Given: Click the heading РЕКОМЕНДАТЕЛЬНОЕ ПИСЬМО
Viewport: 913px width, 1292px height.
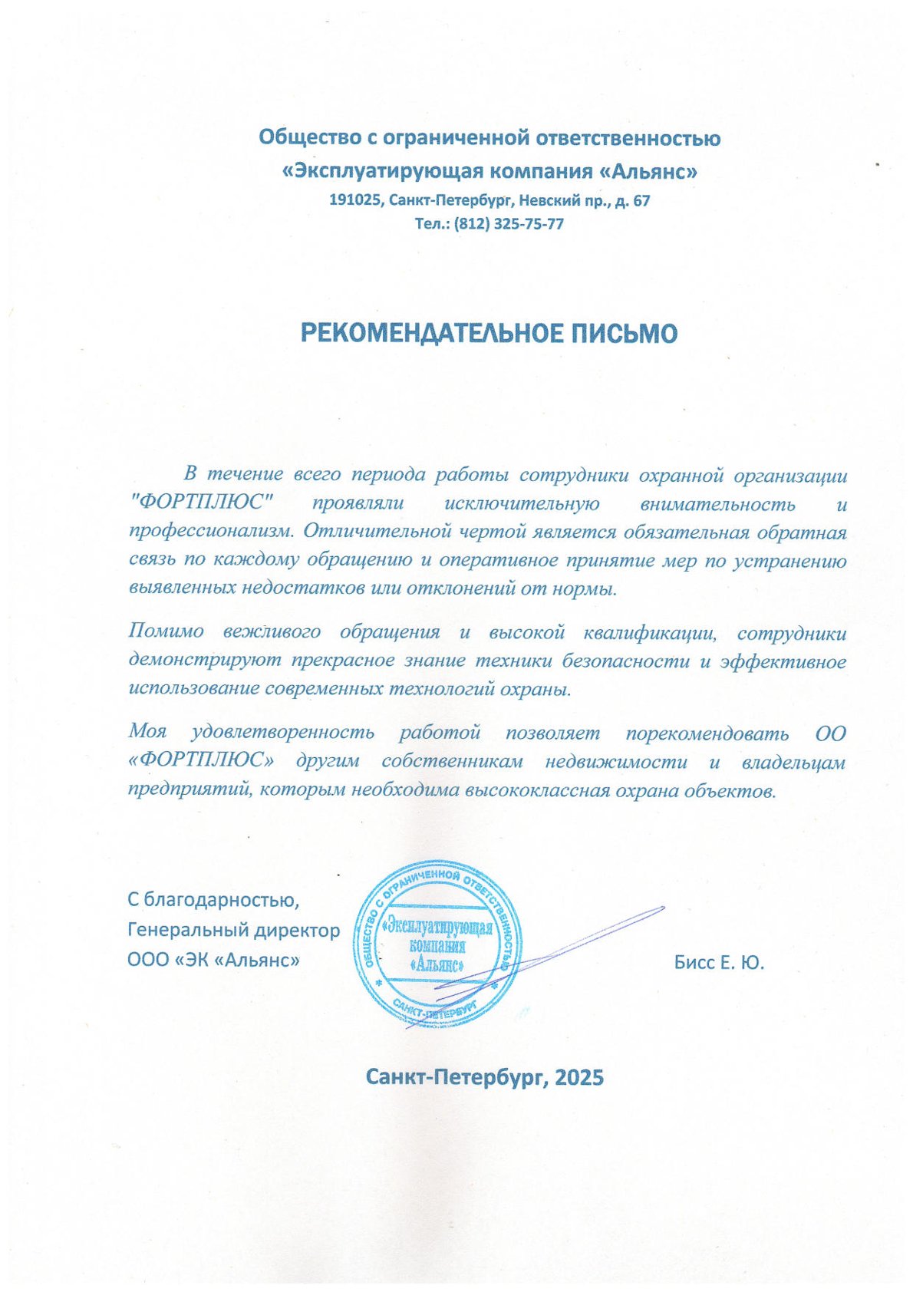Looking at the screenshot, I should point(489,333).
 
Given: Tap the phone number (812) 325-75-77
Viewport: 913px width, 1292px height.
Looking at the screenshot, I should point(509,224).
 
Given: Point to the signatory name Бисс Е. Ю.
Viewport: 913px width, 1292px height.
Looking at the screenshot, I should point(719,963).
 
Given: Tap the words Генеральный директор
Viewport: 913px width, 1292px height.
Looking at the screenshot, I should point(233,930).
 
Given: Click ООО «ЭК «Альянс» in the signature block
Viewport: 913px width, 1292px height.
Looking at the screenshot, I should point(213,960).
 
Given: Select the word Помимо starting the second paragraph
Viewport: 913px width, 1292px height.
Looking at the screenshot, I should point(166,632).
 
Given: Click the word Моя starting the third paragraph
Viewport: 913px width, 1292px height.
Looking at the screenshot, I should point(148,732).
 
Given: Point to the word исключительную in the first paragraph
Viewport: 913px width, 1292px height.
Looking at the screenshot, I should point(521,503).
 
